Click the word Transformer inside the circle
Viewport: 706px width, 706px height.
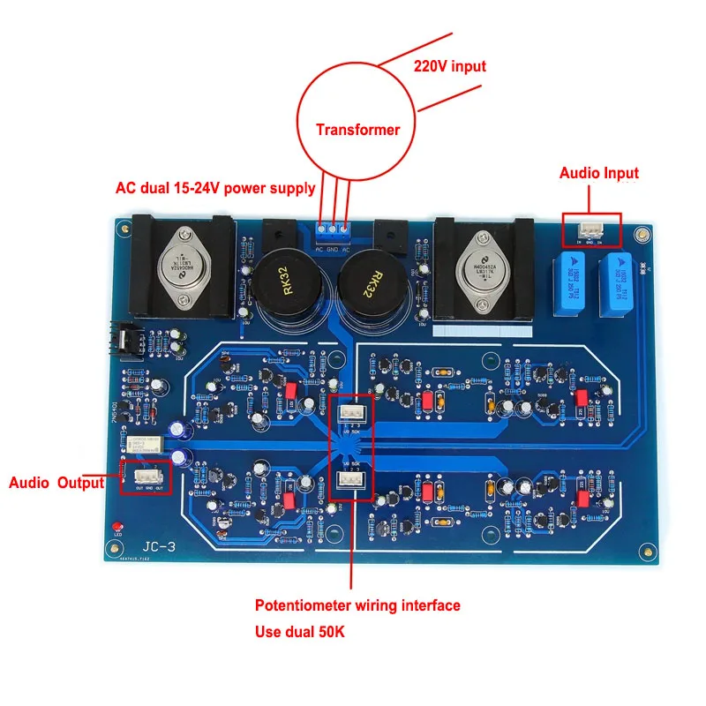click(x=357, y=130)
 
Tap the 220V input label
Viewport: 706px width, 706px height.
click(x=449, y=66)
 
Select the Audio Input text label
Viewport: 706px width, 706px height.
click(x=598, y=173)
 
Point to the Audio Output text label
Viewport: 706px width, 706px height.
click(x=56, y=483)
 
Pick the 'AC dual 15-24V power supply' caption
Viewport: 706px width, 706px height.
click(x=215, y=188)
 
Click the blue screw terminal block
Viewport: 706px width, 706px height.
click(x=332, y=233)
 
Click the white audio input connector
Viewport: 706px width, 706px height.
click(x=590, y=230)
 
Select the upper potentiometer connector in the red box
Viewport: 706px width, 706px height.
click(x=352, y=411)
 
